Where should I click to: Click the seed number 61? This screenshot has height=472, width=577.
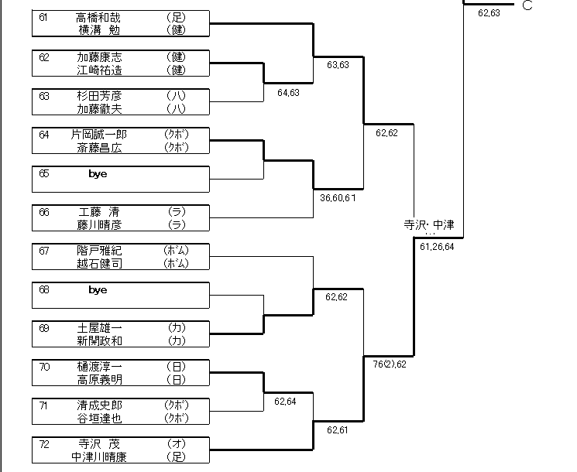(x=43, y=17)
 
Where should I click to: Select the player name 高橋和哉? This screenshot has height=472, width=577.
(x=99, y=17)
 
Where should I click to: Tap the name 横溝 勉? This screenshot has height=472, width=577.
(x=99, y=29)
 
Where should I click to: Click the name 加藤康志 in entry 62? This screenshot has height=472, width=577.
(x=99, y=57)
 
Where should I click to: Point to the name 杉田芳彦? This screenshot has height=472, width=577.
(x=99, y=96)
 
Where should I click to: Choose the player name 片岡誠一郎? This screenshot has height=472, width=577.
(x=105, y=135)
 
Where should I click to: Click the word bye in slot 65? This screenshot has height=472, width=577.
(x=98, y=174)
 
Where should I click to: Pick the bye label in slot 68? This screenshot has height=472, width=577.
(x=98, y=290)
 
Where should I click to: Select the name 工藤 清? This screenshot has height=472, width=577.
(x=99, y=212)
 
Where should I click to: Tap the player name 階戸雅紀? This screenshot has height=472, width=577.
(x=99, y=251)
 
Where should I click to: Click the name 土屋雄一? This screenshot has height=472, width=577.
(x=99, y=328)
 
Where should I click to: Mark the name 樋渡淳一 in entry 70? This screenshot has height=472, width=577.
(x=99, y=367)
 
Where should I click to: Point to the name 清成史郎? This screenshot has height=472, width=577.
(x=99, y=405)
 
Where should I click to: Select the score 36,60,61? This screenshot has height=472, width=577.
(x=338, y=198)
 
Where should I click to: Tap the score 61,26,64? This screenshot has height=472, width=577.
(x=437, y=247)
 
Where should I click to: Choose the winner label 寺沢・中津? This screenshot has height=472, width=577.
(x=429, y=225)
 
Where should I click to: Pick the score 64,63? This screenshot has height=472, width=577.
(x=288, y=93)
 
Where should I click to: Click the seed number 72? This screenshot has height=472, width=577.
(x=43, y=444)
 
